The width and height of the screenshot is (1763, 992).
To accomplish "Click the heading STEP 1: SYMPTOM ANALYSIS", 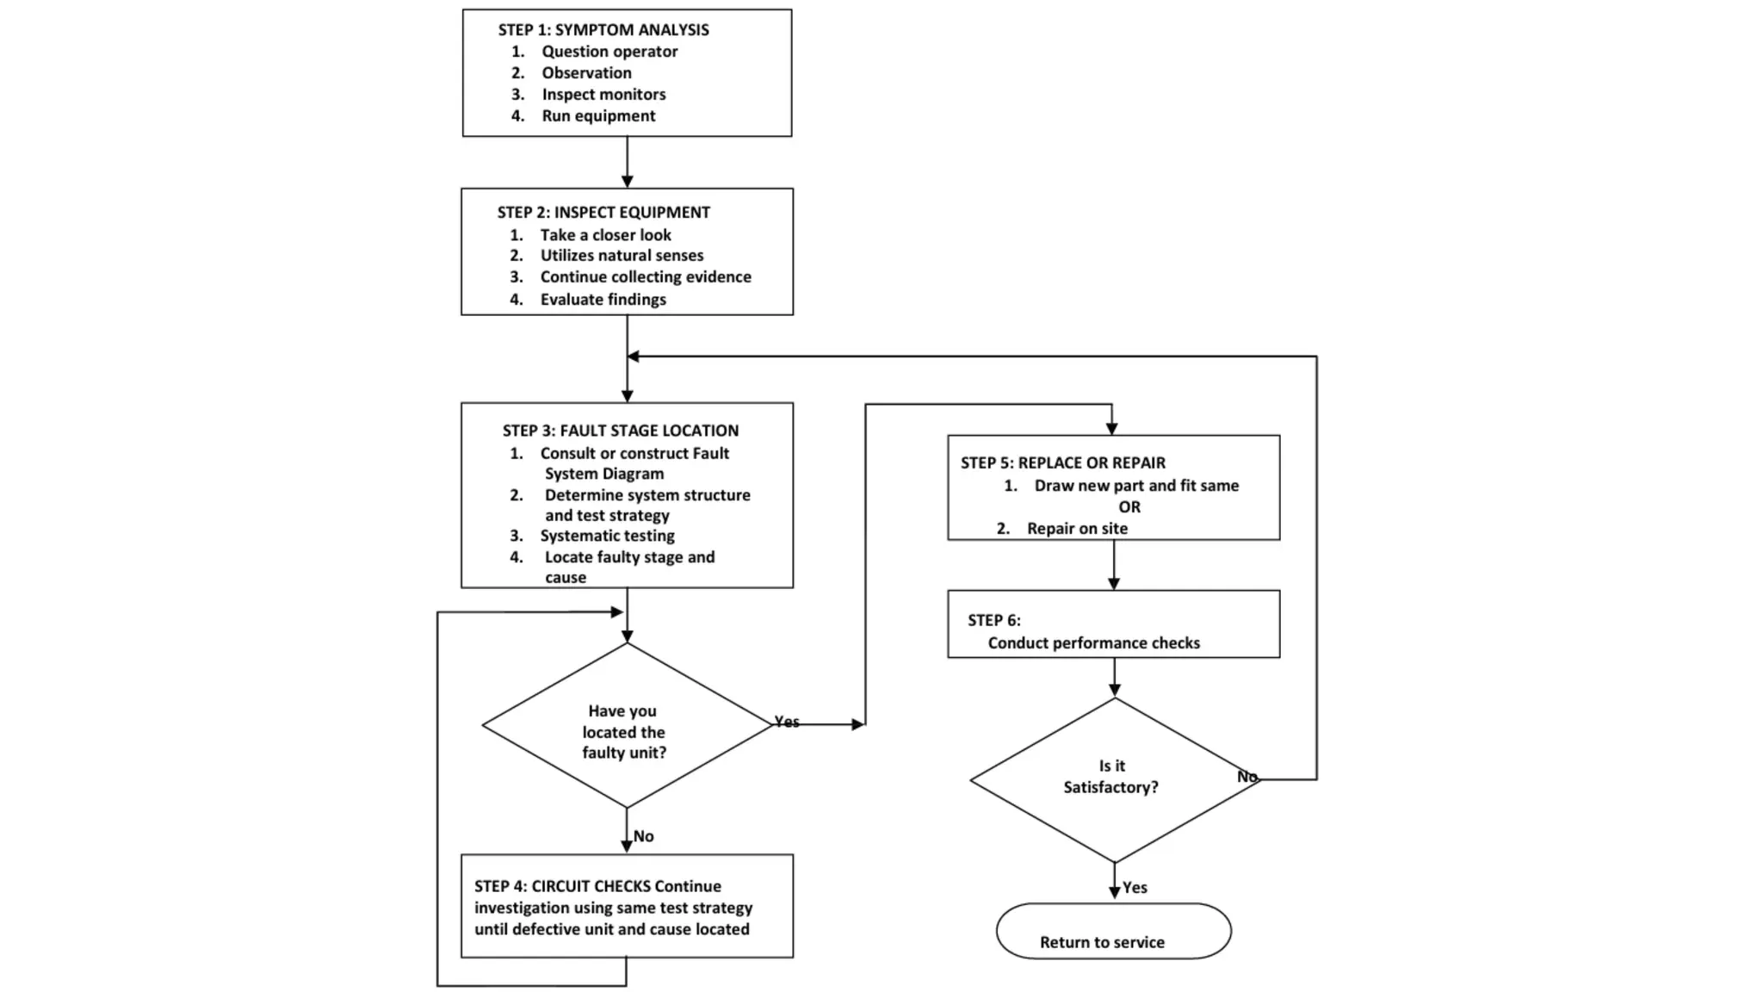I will click(x=603, y=30).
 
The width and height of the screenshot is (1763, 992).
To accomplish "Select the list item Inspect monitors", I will click(x=603, y=95).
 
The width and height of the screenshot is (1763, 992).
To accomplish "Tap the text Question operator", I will click(x=609, y=52).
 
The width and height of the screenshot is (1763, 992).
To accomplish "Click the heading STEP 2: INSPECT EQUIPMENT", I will click(x=603, y=213).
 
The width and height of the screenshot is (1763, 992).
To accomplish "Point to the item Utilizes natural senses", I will click(x=622, y=256).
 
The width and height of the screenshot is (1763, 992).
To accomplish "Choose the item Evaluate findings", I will click(x=603, y=300).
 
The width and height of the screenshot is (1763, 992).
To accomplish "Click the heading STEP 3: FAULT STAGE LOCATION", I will click(x=621, y=431).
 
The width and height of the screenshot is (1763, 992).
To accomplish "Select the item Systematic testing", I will click(x=607, y=536).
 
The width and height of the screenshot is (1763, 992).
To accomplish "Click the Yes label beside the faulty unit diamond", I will click(x=787, y=722).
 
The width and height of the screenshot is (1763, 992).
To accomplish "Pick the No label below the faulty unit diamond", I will click(x=644, y=836).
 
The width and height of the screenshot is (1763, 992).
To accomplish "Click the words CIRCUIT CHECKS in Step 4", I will click(x=591, y=886).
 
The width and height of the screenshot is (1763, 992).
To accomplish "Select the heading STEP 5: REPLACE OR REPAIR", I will click(x=1063, y=463).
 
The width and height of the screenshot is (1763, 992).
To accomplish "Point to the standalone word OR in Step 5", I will click(x=1129, y=507).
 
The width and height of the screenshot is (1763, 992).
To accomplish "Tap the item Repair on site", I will click(x=1077, y=529).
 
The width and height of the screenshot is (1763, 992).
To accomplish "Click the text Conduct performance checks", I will click(x=1093, y=643).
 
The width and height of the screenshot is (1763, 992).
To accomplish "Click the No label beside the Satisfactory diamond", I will click(x=1246, y=777).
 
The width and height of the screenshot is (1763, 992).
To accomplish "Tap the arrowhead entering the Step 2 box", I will click(x=628, y=182).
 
